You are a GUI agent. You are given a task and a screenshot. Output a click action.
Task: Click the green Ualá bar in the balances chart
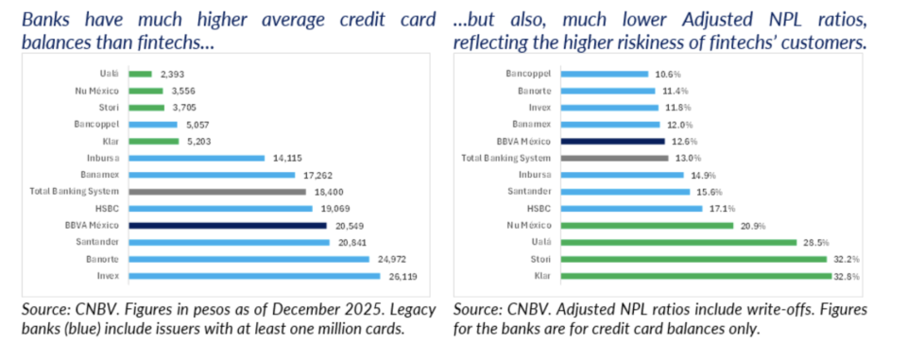(x=140, y=74)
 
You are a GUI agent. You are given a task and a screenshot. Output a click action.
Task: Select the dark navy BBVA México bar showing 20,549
(x=228, y=225)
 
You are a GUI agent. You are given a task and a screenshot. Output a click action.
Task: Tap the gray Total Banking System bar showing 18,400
(x=217, y=192)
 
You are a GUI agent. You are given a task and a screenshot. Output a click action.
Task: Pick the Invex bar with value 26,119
(x=254, y=276)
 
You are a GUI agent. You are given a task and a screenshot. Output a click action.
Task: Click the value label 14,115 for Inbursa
(x=283, y=158)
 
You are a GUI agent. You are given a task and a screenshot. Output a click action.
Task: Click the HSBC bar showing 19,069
(x=220, y=209)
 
